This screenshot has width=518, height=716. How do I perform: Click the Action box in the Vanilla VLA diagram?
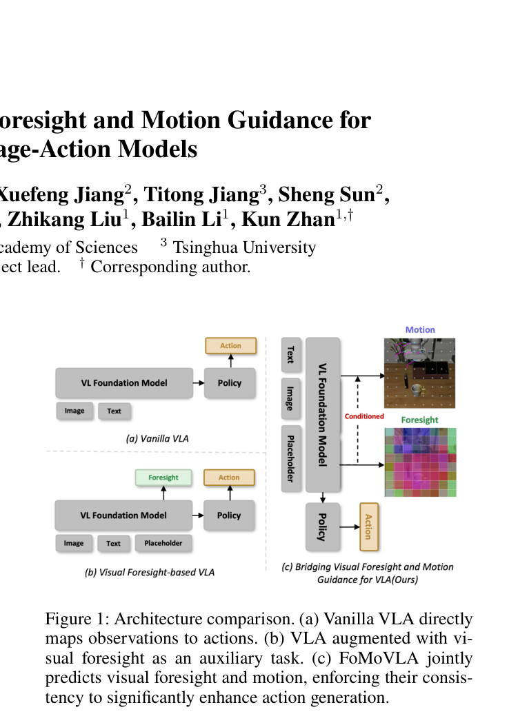pos(230,346)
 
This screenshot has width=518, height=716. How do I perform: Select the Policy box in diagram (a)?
pos(230,382)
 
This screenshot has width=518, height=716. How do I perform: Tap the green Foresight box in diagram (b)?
pos(163,478)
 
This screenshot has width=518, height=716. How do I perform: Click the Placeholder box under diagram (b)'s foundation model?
pos(163,543)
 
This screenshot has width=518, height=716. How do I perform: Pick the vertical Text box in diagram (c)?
pos(291,354)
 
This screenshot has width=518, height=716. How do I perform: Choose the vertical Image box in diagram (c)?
pos(291,398)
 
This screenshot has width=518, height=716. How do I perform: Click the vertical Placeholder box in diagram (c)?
pos(291,458)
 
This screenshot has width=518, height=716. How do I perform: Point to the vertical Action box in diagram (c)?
pos(368,527)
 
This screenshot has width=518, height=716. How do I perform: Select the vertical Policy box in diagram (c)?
pos(323,527)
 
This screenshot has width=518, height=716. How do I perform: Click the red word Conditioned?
pos(364,416)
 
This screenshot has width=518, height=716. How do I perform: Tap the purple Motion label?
pos(420,329)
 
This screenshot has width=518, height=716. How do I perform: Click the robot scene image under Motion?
pos(419,373)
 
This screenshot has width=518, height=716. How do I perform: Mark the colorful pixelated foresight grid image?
pos(420,462)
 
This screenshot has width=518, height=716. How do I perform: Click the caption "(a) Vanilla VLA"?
pos(157,439)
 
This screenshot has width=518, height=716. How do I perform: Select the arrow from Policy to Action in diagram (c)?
pos(350,527)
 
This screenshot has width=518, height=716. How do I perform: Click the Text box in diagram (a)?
pos(114,411)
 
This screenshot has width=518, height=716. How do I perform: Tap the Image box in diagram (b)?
pos(74,543)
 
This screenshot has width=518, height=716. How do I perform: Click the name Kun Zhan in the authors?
pos(288,219)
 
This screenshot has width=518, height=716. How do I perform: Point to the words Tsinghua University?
pos(244,247)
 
